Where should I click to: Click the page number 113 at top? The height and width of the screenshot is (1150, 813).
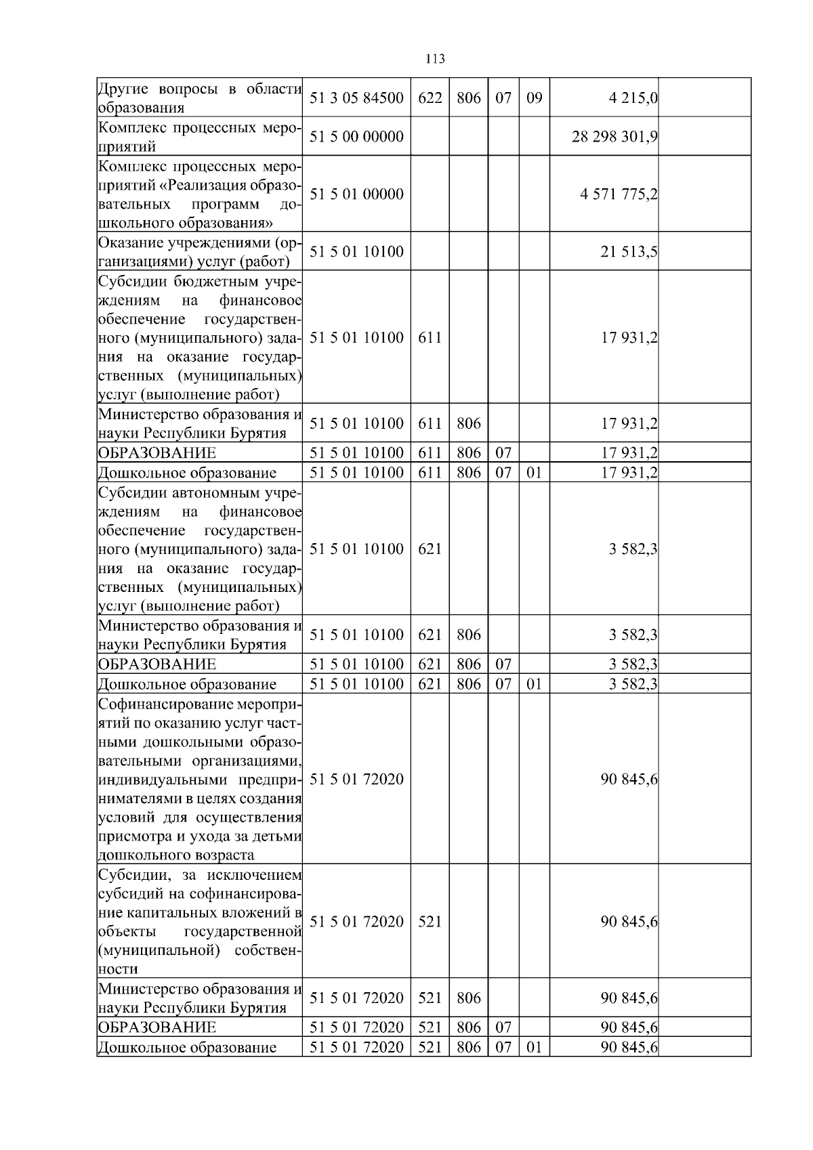pos(436,59)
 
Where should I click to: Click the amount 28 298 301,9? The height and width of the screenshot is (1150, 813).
pos(614,137)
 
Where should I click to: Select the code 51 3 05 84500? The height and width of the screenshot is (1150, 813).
pos(356,98)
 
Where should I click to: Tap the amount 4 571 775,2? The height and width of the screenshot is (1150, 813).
pos(619,194)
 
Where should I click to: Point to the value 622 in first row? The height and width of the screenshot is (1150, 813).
pos(430,98)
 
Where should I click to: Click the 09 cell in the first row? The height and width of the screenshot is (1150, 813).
pos(535,98)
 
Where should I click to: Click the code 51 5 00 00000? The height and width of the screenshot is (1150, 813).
pos(356,137)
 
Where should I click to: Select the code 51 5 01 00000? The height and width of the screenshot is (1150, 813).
pos(356,194)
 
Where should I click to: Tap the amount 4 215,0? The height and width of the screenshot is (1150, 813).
pos(633,98)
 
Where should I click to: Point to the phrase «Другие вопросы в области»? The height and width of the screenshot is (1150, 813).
pos(200,89)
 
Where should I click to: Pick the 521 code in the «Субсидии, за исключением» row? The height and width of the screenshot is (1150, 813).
pos(430,922)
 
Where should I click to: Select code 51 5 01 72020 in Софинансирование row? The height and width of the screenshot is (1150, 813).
pos(356,780)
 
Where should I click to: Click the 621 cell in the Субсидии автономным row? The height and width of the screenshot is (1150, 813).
pos(430,549)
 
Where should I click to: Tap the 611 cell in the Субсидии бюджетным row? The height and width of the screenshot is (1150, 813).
pos(430,338)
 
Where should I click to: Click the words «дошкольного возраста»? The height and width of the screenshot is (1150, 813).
pos(176,855)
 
